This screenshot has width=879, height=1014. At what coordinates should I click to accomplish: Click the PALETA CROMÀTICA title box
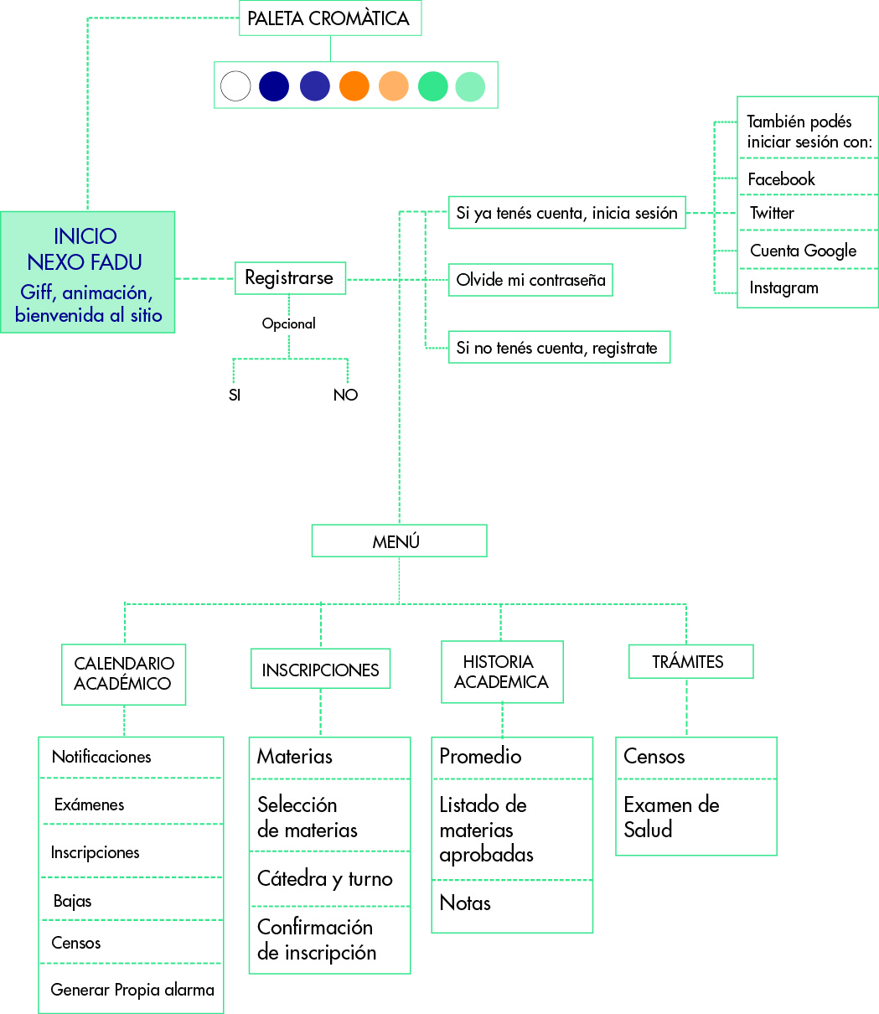point(329,18)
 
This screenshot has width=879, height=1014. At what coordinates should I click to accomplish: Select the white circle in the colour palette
point(235,86)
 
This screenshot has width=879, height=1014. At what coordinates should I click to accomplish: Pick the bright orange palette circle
point(354,86)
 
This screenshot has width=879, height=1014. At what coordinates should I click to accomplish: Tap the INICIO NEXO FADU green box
point(88,272)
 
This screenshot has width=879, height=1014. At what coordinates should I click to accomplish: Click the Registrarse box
point(289,278)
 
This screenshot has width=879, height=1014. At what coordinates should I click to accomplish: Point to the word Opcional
point(289,323)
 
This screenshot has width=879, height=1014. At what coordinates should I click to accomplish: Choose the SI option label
point(235,396)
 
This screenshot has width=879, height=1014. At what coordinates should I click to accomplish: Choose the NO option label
point(345,396)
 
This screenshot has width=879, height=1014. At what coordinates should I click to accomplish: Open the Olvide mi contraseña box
point(530,280)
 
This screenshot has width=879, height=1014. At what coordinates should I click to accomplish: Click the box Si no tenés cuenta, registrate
point(559,348)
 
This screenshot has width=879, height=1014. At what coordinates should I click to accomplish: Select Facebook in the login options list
point(781,179)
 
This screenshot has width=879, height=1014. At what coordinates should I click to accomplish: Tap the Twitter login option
point(772,213)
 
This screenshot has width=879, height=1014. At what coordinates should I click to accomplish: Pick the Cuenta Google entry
point(803,251)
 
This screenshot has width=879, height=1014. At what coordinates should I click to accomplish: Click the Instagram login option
point(783,288)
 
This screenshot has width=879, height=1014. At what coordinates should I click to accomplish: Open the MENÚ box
point(399,541)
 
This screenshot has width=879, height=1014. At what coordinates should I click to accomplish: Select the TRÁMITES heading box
point(690,662)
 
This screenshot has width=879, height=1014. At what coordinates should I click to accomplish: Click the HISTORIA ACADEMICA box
point(502,672)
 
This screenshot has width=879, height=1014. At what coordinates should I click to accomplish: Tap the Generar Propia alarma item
point(132,990)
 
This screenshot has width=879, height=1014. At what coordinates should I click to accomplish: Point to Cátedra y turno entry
point(325,879)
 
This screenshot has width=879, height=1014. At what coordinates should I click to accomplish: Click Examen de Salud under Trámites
point(672,817)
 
